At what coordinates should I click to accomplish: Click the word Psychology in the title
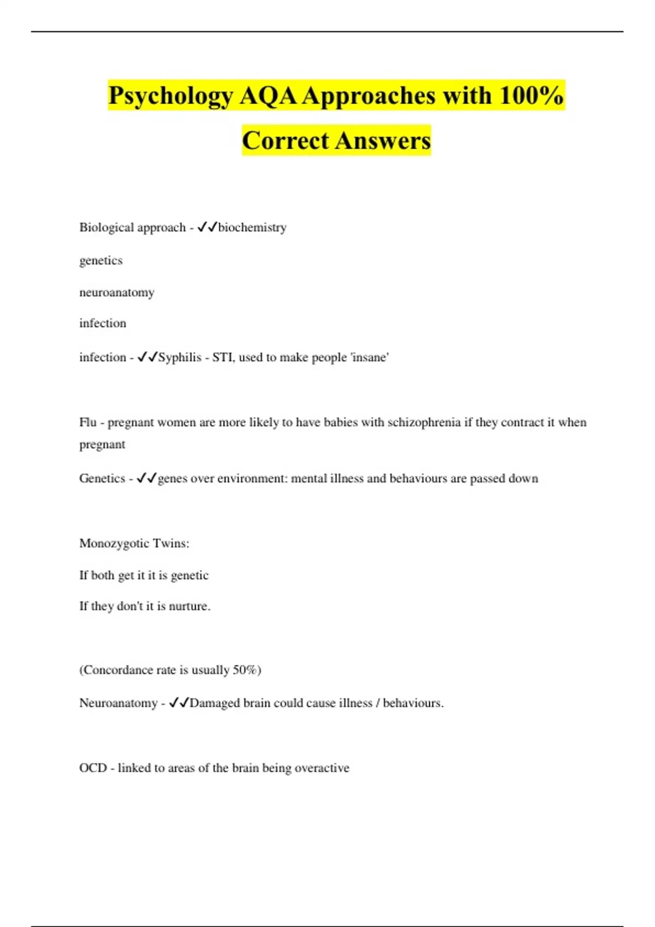coord(171,96)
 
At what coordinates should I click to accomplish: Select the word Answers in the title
coord(383,141)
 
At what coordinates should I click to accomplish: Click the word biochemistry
coord(252,227)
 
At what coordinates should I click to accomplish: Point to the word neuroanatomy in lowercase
coord(117,292)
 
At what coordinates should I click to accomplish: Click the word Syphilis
coord(180,358)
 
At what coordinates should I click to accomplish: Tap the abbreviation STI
coord(222,357)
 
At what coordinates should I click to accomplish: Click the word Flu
coord(88,422)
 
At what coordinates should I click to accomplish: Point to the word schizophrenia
coord(424,422)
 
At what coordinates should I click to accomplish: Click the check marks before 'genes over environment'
coord(146,478)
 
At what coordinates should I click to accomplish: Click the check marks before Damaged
coord(178,703)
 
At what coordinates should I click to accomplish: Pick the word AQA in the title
coord(267,96)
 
